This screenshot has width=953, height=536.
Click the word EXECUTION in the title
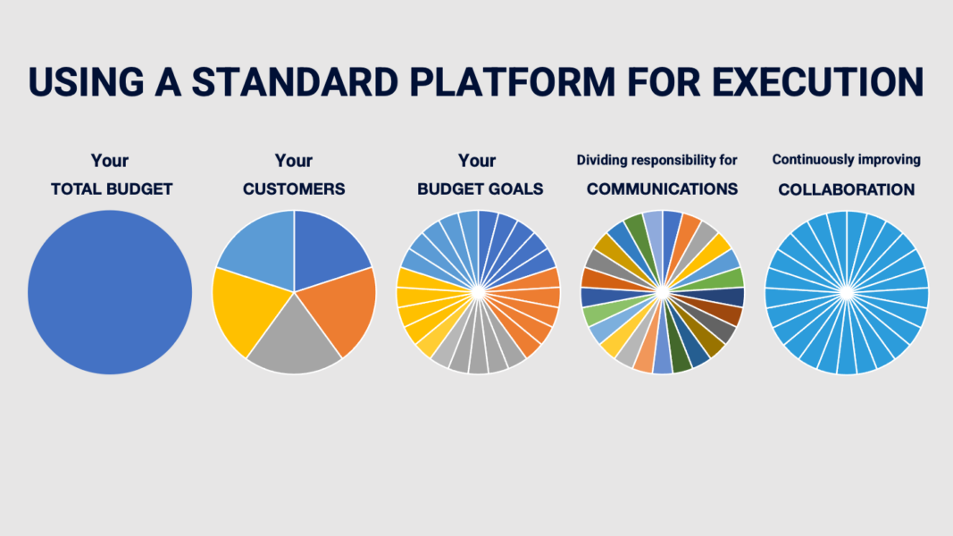click(817, 81)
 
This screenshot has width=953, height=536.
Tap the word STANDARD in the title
click(296, 81)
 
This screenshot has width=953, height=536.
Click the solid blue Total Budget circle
click(110, 292)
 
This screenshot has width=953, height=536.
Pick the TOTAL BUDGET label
click(112, 189)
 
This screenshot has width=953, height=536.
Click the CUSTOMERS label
click(294, 189)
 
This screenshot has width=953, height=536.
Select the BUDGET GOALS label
click(481, 189)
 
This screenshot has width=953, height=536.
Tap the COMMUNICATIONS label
click(663, 189)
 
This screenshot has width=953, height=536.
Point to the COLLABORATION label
click(847, 189)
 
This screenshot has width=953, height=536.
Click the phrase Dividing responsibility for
click(657, 161)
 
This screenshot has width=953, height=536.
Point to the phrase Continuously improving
click(847, 160)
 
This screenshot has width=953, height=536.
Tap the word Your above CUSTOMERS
click(294, 161)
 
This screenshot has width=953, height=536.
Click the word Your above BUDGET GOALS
click(477, 161)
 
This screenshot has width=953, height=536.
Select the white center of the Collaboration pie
click(847, 293)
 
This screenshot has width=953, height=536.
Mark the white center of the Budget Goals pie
click(479, 293)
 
